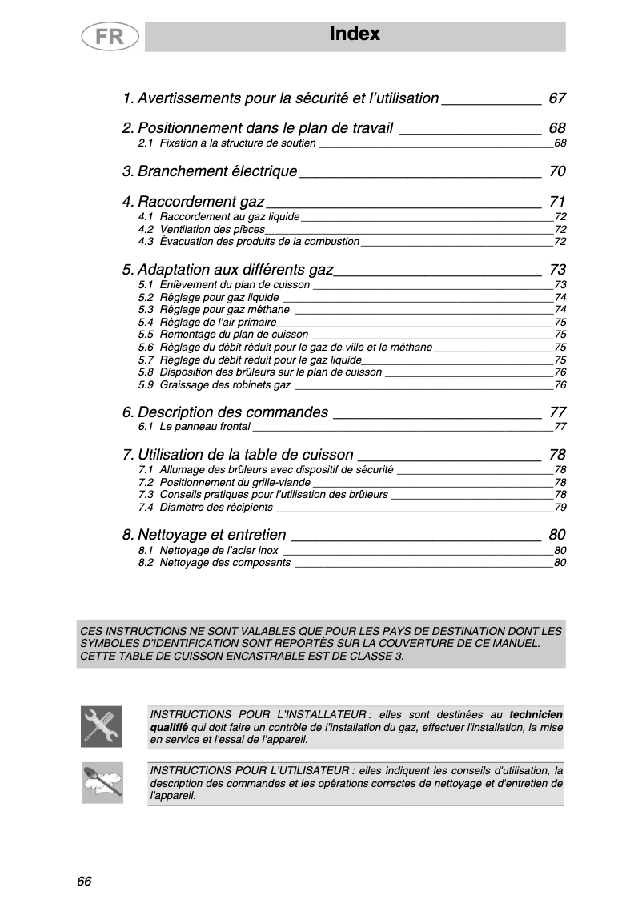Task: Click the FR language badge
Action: [x=109, y=36]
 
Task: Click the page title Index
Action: [x=355, y=34]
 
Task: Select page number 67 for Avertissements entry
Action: [x=557, y=98]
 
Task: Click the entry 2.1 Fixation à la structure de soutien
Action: [x=227, y=143]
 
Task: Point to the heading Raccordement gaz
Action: [x=194, y=201]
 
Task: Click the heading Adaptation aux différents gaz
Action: [x=228, y=269]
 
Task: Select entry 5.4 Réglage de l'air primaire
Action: [x=207, y=322]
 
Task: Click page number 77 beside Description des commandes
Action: [x=557, y=412]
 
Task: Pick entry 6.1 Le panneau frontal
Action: [x=194, y=426]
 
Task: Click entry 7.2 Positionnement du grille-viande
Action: [x=223, y=482]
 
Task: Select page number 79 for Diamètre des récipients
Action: [x=560, y=507]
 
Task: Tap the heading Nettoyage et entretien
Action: [x=204, y=535]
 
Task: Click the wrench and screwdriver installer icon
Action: [x=102, y=725]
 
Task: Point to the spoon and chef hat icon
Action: [x=102, y=782]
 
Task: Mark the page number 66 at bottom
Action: [x=85, y=881]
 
